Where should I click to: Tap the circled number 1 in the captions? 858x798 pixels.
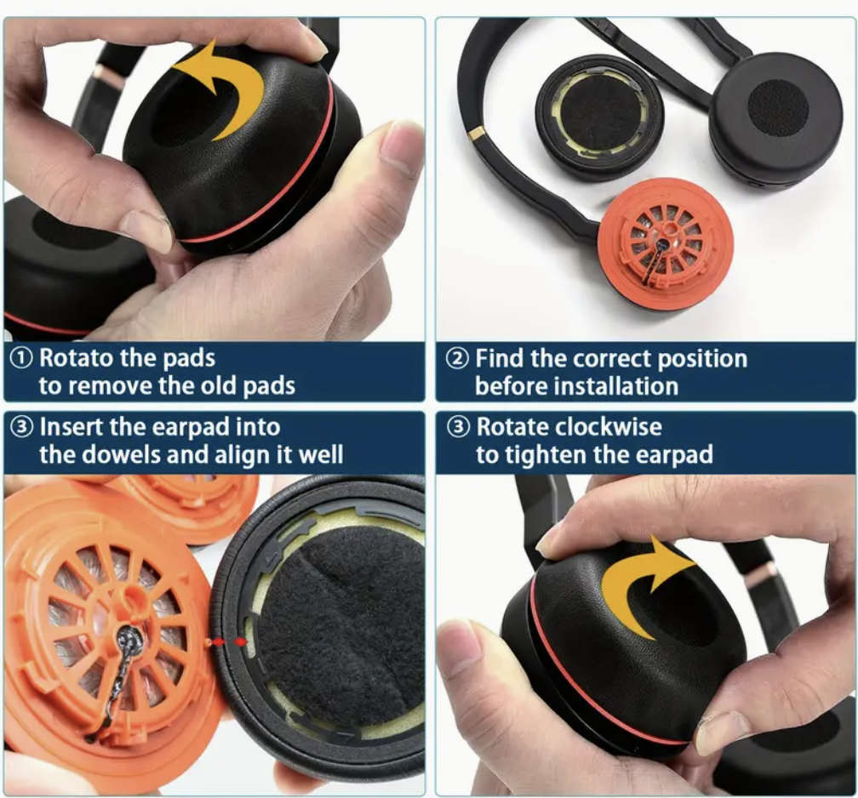pos(21,358)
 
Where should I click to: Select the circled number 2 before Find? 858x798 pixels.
pos(457,359)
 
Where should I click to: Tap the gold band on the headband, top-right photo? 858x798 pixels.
pos(476,133)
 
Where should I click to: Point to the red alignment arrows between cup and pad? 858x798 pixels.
pos(229,641)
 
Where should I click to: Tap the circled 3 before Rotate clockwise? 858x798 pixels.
pos(458,426)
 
